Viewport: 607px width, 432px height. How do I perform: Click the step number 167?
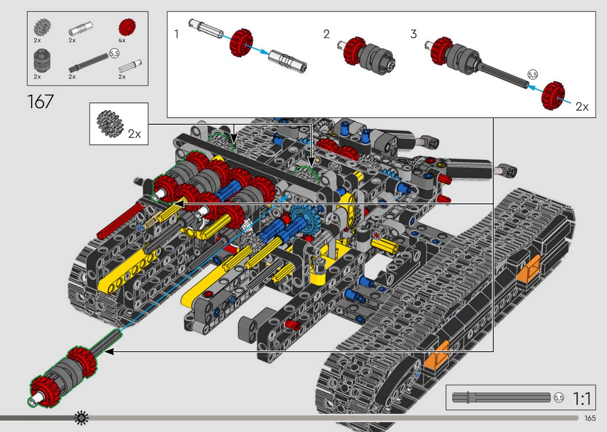point(40,101)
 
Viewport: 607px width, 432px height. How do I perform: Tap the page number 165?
point(590,418)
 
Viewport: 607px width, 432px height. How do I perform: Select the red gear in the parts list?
point(127,27)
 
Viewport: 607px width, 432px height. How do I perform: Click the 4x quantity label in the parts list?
point(122,40)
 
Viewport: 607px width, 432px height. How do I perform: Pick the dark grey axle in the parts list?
point(88,63)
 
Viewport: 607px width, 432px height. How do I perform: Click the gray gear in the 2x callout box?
point(110,124)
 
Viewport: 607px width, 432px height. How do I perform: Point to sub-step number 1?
point(177,34)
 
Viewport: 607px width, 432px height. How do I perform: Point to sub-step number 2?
point(327,34)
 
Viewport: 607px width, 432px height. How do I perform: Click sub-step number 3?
point(414,34)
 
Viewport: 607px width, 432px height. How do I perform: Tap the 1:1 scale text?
point(582,398)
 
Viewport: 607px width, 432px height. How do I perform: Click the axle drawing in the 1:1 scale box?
point(501,397)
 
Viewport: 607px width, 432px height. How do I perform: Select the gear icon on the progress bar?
point(82,418)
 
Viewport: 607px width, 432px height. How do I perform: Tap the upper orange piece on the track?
point(528,268)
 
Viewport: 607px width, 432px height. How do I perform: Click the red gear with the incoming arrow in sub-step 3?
point(553,95)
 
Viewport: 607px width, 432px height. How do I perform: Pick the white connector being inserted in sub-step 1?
point(288,62)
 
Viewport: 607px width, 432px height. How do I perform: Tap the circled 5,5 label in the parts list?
point(114,54)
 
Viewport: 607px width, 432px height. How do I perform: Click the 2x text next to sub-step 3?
point(582,107)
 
